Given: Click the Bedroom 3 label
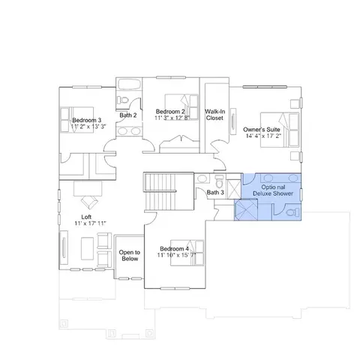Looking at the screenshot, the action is click(87, 120).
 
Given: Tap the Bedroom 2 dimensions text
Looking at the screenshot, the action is click(172, 118).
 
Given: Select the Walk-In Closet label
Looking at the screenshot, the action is click(215, 115).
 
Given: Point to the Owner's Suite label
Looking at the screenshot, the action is click(262, 130).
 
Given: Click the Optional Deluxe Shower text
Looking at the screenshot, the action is click(273, 190).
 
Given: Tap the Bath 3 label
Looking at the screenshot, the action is click(215, 193).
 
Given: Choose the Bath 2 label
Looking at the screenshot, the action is click(128, 115).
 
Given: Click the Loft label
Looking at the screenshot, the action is click(86, 217).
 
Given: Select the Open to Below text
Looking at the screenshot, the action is click(130, 256).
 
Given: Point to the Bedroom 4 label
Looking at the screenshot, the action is click(174, 249).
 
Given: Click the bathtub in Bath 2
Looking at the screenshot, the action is click(129, 84).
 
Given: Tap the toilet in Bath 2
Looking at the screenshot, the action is click(123, 100).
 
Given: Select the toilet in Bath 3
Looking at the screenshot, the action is click(220, 181).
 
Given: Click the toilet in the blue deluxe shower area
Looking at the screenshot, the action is click(292, 213).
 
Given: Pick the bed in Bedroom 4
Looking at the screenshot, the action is click(187, 253).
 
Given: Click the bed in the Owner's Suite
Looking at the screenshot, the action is click(280, 130).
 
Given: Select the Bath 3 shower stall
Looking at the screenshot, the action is click(233, 189).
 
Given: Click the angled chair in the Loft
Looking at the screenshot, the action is click(89, 202).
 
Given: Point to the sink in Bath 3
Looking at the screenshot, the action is click(202, 179).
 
